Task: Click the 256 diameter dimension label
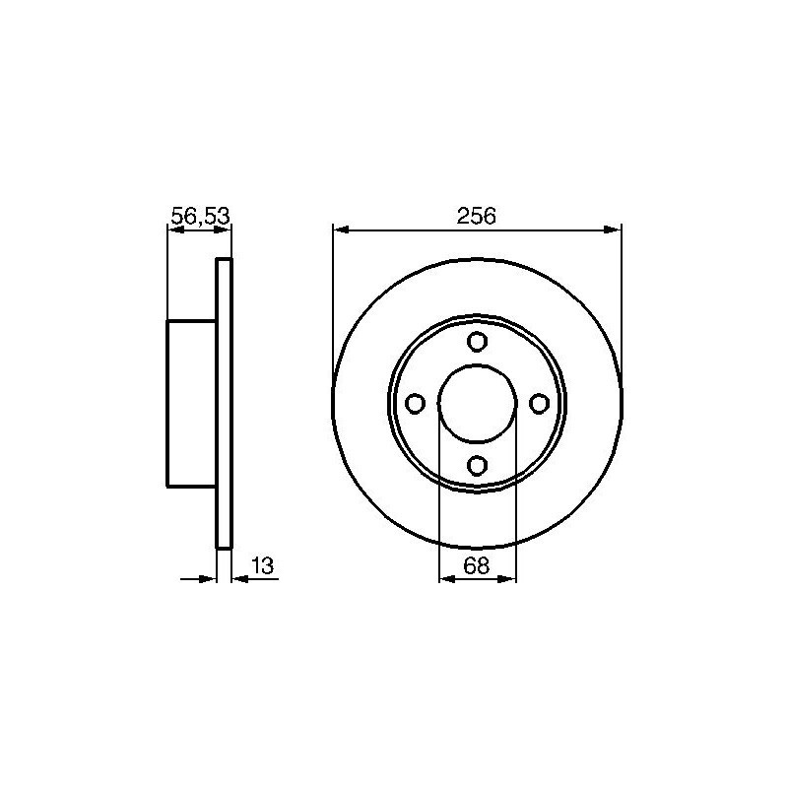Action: point(476,216)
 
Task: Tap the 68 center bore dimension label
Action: point(476,565)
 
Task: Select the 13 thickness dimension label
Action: point(263,565)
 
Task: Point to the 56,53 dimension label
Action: point(200,217)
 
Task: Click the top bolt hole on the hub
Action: point(477,342)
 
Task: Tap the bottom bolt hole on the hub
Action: point(477,465)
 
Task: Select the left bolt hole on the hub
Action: point(415,404)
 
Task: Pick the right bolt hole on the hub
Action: point(539,404)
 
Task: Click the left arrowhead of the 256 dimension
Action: point(341,230)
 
